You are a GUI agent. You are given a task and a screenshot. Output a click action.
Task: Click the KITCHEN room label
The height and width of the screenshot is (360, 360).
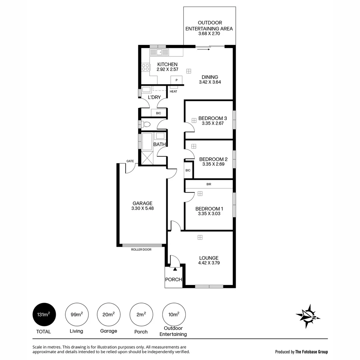(x=167, y=64)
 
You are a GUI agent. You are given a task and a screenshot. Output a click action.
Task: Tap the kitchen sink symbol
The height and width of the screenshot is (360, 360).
(x=159, y=52)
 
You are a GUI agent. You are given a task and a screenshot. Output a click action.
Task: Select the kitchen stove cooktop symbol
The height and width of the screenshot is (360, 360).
(x=146, y=67)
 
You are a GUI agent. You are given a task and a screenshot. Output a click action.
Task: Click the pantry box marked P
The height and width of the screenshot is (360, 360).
(x=176, y=80)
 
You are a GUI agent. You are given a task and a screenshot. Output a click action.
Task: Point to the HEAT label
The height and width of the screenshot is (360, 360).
(x=173, y=91)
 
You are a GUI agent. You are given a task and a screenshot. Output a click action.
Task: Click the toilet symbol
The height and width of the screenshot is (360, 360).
(x=146, y=124)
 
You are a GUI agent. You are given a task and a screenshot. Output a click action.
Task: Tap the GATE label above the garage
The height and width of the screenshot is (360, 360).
(x=130, y=161)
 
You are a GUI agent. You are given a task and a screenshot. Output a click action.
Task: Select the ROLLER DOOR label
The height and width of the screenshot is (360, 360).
(x=141, y=249)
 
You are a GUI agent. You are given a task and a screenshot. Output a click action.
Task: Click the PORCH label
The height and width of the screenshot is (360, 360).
(x=174, y=279)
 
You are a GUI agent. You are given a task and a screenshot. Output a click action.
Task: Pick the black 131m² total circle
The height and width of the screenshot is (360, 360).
(x=44, y=315)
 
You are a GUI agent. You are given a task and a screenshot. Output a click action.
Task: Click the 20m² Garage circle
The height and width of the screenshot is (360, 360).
(x=109, y=315)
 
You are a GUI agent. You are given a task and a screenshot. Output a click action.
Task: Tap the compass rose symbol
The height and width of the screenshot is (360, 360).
(x=308, y=315)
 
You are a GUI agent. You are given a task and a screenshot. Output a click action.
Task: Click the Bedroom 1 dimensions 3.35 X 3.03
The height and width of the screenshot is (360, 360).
(x=209, y=214)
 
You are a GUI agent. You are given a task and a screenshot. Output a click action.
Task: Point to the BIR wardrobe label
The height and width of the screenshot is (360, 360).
(x=209, y=184)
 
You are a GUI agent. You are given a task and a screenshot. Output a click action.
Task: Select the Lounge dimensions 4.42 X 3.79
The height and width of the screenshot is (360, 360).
(x=209, y=263)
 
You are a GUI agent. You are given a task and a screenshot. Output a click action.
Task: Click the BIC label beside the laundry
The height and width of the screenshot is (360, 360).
(x=158, y=113)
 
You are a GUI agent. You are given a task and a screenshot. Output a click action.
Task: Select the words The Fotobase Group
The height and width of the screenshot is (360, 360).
(x=312, y=352)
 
